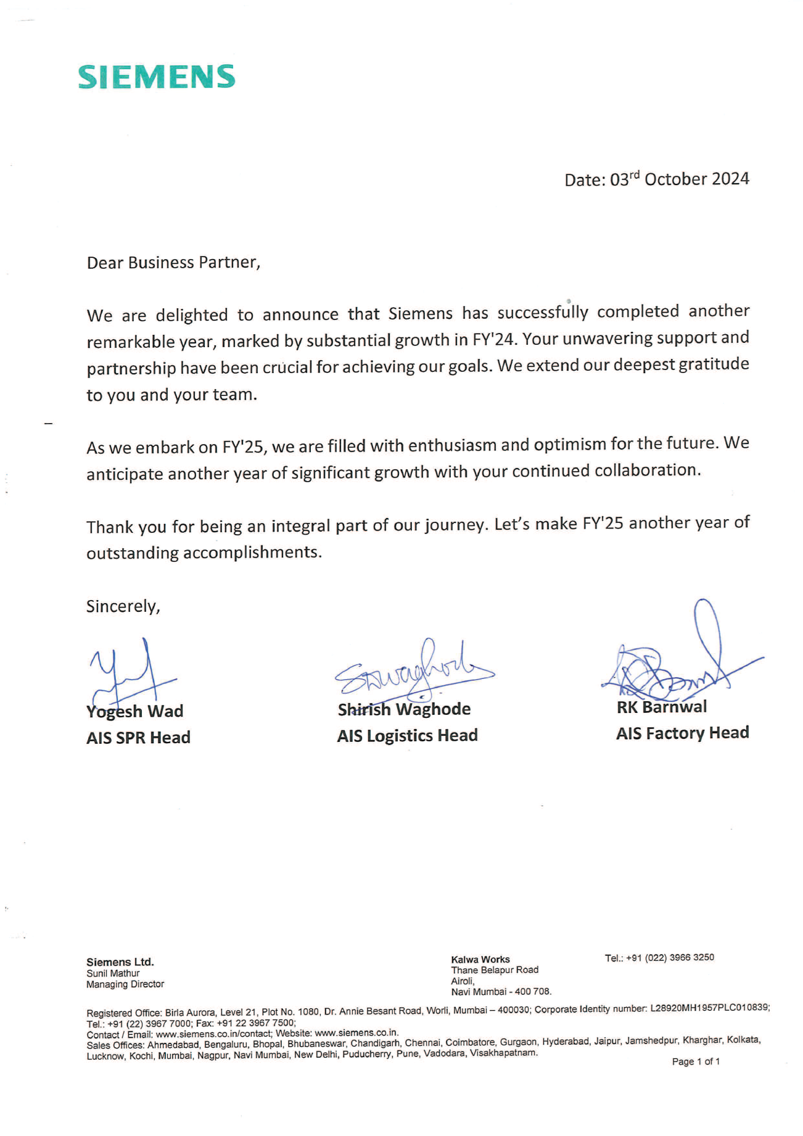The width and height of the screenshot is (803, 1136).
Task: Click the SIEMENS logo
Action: [157, 77]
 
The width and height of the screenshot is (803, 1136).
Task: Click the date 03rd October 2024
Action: [679, 179]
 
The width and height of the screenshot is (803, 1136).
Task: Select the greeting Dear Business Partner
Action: [173, 263]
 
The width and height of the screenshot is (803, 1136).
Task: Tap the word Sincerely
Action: [123, 606]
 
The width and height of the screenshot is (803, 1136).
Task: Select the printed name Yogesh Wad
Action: [135, 712]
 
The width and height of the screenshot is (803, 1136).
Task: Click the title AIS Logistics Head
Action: [407, 736]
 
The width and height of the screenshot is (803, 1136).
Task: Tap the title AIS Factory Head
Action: [682, 733]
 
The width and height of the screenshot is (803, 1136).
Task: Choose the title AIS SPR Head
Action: [138, 738]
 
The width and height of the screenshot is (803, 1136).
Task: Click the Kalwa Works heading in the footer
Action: [480, 960]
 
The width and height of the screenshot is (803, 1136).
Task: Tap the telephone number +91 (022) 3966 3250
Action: [670, 958]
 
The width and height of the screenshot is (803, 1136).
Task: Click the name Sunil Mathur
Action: [113, 973]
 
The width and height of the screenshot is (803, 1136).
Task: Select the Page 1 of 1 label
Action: [696, 1061]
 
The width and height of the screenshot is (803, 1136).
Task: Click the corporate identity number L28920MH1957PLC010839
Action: [709, 1007]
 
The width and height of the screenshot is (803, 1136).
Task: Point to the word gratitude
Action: [714, 364]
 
